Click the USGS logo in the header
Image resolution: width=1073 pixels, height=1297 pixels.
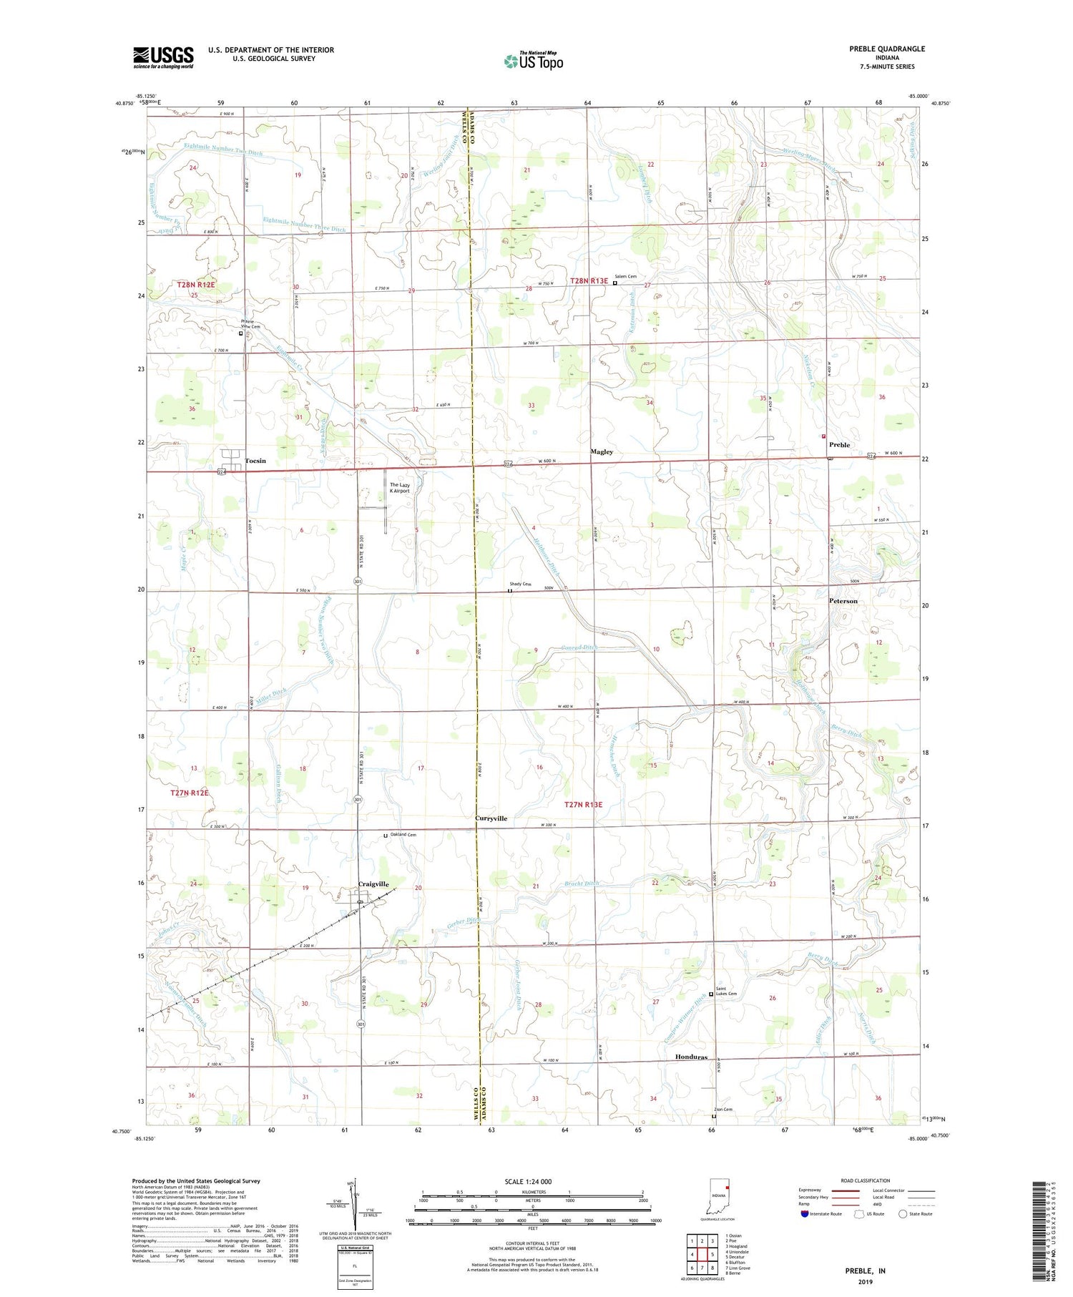(163, 57)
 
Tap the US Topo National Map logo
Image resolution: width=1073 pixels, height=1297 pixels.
(533, 61)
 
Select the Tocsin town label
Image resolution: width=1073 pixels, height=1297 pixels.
(255, 461)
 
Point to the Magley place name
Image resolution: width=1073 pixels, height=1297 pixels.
(602, 452)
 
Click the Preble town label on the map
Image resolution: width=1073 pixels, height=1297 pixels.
(839, 445)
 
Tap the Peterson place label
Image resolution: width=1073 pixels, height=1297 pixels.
(843, 601)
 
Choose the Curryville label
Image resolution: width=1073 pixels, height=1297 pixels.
(491, 818)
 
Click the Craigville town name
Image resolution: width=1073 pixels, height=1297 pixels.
(373, 884)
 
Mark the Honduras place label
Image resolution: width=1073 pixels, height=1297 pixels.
(691, 1057)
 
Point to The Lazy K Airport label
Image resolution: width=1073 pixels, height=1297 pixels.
(399, 488)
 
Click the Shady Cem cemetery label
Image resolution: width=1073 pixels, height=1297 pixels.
(520, 584)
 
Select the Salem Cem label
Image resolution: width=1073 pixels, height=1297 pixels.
(625, 277)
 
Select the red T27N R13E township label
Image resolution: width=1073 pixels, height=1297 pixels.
(583, 805)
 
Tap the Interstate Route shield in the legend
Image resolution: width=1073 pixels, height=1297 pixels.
(805, 1214)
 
